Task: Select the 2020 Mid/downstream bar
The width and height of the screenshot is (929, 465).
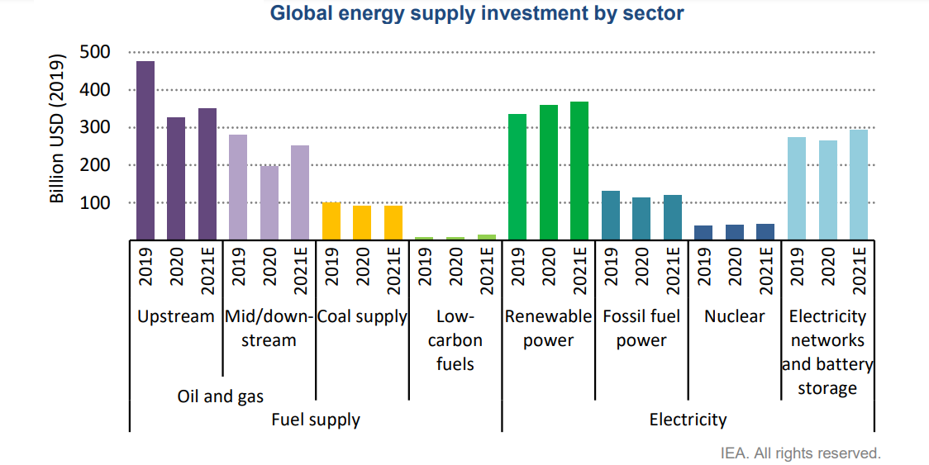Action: point(269,202)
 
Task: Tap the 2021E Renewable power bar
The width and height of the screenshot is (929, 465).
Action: point(579,170)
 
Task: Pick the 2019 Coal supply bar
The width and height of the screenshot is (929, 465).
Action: point(331,221)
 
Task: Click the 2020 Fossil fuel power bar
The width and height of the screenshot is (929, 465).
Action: point(641,218)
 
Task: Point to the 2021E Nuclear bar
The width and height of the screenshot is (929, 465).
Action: point(765,231)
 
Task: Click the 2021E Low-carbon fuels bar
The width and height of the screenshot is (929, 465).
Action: point(486,237)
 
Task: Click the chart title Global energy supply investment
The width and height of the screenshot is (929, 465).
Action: point(478,13)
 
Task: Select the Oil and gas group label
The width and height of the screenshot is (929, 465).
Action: point(221,396)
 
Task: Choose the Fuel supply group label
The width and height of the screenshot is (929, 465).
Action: point(316,420)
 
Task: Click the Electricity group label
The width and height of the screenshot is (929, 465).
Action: point(688,420)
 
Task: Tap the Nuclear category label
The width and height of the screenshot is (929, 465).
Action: point(734,316)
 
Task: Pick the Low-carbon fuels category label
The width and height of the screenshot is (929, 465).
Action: point(455,340)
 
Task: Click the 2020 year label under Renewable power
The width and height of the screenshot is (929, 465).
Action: point(548,266)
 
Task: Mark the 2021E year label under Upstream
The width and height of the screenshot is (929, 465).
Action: point(207,266)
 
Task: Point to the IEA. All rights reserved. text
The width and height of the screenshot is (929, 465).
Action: point(801,453)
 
